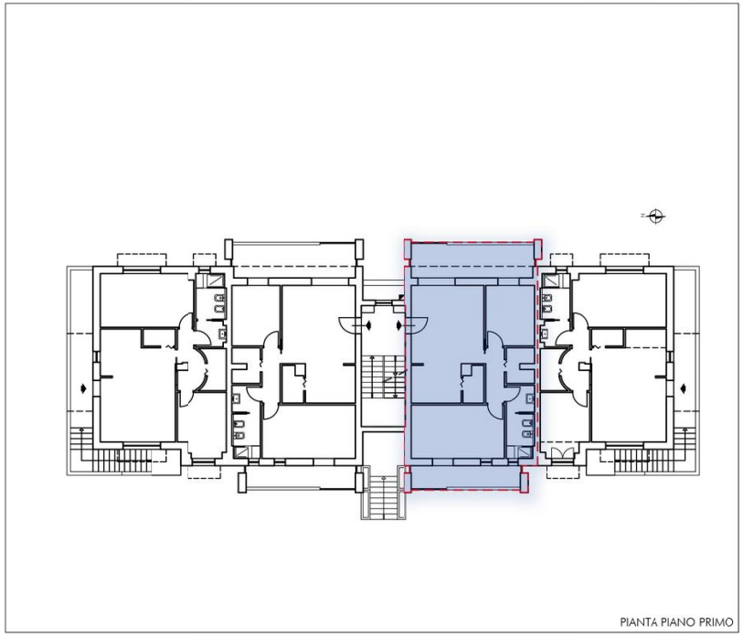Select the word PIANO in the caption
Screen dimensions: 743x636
[678, 621]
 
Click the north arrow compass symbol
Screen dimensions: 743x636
[655, 216]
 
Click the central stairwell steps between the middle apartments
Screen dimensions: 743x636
[384, 377]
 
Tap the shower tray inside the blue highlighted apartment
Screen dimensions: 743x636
[526, 451]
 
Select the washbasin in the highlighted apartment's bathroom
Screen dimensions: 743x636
[529, 399]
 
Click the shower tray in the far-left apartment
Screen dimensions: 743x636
[216, 281]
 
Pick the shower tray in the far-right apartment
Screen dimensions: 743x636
[550, 281]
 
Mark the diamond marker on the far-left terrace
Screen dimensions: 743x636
[84, 388]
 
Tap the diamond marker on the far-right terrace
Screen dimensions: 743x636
[683, 388]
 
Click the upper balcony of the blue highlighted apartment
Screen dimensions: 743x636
[472, 255]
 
